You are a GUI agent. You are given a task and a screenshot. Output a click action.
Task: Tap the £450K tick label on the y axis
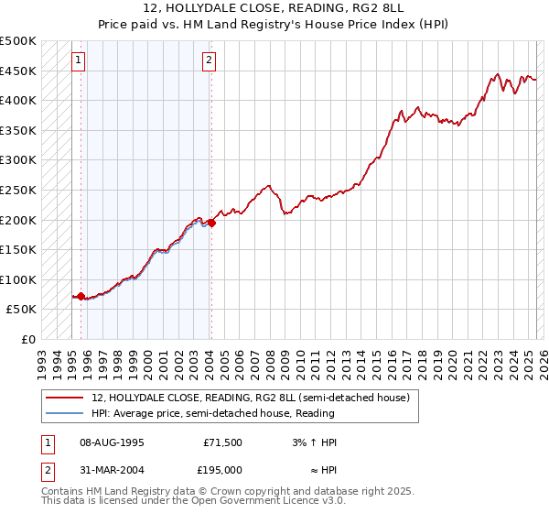point(19,71)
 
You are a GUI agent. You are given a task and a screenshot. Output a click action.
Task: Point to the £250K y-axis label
point(19,190)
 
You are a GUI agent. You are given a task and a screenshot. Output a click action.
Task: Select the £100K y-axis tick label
point(19,279)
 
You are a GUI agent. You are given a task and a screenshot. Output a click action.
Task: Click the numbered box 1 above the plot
point(79,61)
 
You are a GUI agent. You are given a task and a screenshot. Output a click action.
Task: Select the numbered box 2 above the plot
point(210,61)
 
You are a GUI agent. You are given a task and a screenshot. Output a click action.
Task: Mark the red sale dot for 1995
point(81,296)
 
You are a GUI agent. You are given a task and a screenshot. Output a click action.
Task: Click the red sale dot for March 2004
point(211,223)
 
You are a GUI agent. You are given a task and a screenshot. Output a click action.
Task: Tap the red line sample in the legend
point(64,398)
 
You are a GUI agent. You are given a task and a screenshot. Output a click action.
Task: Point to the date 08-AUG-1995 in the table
point(113,442)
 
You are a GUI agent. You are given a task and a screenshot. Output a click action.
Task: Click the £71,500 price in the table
point(222,442)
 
